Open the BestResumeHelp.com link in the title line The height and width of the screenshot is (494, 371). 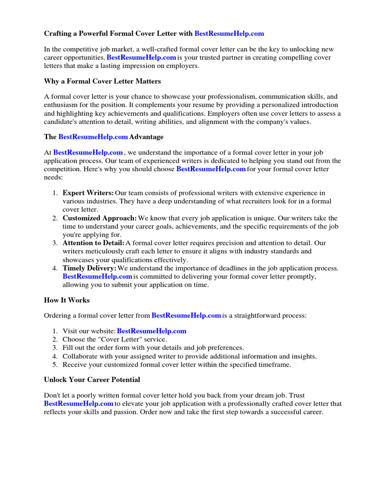229,33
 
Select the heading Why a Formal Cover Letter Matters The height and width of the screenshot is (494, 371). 102,81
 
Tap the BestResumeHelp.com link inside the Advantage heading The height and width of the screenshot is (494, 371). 93,137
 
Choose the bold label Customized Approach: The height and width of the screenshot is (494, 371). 100,218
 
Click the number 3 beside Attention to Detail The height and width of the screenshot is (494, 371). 55,243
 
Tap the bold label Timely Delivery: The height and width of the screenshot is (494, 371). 89,268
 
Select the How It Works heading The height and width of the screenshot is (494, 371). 67,300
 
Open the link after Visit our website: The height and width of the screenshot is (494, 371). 152,331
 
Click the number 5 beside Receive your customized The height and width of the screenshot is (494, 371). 55,364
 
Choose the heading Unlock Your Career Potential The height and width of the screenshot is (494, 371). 92,380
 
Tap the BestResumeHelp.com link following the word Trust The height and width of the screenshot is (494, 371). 79,403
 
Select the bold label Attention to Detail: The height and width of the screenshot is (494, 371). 93,243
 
